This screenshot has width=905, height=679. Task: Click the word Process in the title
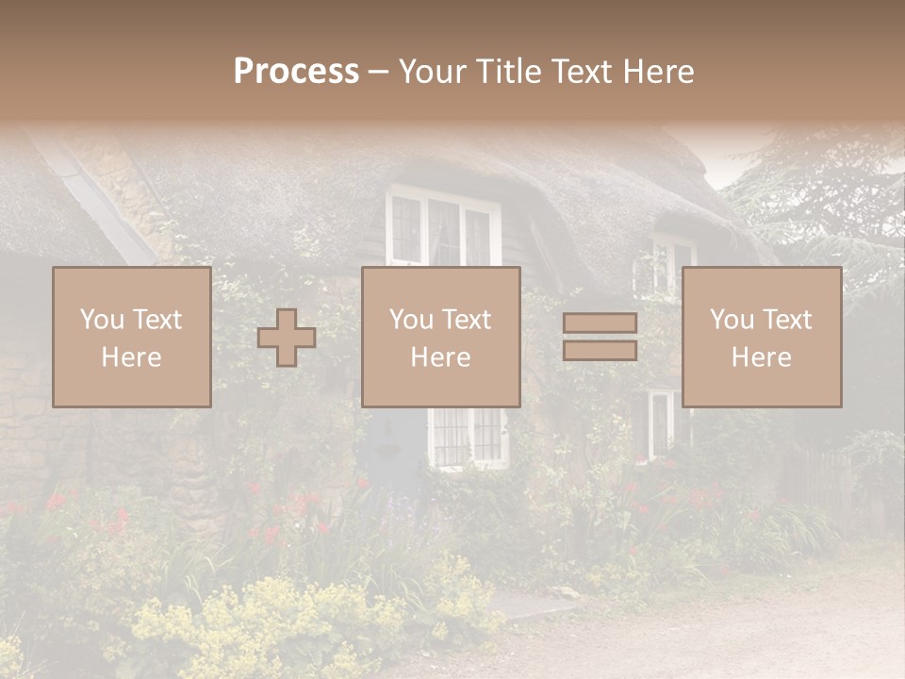296,72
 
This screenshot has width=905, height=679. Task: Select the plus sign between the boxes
287,338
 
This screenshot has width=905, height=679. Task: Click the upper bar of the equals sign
600,323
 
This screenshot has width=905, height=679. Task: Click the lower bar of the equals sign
600,351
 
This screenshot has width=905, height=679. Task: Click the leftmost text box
131,337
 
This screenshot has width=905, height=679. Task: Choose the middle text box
440,337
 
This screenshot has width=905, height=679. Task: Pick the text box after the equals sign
761,337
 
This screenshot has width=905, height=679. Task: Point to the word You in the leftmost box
101,320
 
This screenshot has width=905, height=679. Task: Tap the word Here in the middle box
440,357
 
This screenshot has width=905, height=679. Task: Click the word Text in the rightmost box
787,320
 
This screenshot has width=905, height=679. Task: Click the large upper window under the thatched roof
441,226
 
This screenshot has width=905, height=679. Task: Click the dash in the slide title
378,72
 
